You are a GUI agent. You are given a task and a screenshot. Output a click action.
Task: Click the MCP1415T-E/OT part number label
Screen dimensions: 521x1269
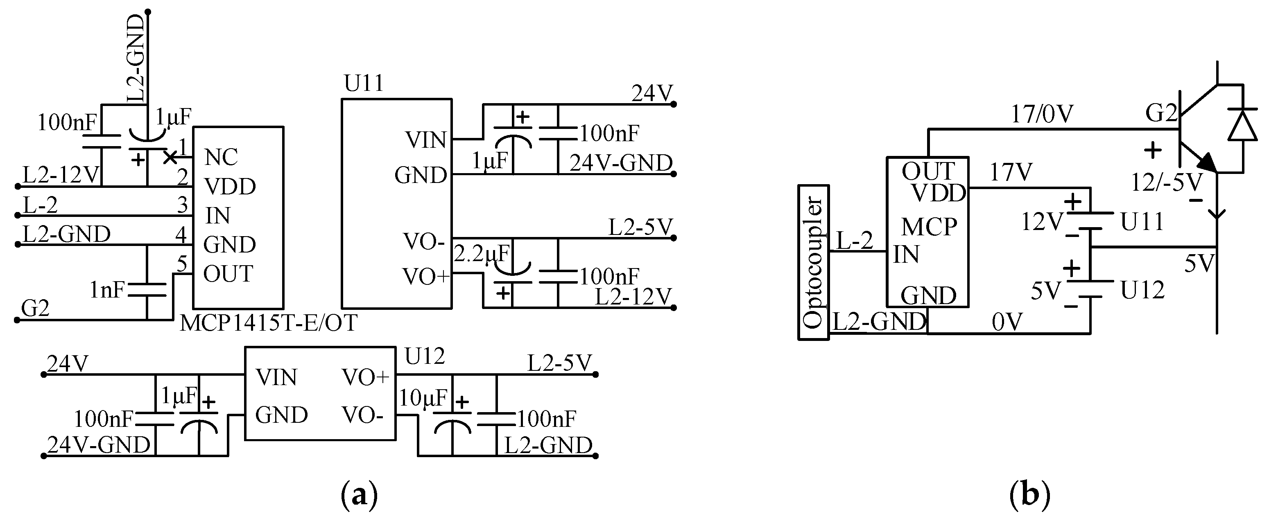(x=269, y=324)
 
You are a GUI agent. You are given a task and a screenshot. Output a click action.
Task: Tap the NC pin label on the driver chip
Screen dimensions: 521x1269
(x=221, y=158)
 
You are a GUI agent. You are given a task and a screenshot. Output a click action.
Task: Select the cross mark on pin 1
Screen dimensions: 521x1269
(x=170, y=158)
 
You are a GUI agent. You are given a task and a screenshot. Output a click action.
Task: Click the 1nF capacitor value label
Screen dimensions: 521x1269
(x=107, y=291)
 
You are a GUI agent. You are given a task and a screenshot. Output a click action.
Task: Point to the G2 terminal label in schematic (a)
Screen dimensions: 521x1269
(x=36, y=309)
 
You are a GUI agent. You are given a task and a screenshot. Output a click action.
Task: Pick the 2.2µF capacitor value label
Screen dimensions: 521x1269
(x=481, y=254)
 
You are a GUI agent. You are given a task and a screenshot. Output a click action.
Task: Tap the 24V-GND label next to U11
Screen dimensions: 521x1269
(x=621, y=163)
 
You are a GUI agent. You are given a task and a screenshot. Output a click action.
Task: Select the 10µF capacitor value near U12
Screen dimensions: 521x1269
(x=423, y=398)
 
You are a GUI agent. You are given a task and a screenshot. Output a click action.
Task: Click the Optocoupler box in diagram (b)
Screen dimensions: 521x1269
(x=813, y=262)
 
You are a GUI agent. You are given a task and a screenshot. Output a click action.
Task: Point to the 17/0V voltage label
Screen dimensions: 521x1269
(x=1042, y=115)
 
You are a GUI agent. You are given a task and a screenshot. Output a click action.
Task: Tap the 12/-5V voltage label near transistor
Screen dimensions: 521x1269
(x=1166, y=183)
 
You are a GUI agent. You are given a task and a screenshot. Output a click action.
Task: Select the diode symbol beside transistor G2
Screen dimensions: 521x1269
(x=1242, y=125)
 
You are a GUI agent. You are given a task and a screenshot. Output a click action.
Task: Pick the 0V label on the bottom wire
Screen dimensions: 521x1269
(x=1007, y=323)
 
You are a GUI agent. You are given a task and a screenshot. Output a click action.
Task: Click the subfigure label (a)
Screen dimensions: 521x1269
(x=359, y=495)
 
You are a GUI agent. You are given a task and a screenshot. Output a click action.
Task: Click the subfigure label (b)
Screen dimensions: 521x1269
(x=1029, y=495)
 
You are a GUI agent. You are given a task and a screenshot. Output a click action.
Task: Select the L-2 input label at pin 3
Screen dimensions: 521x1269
(x=41, y=205)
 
